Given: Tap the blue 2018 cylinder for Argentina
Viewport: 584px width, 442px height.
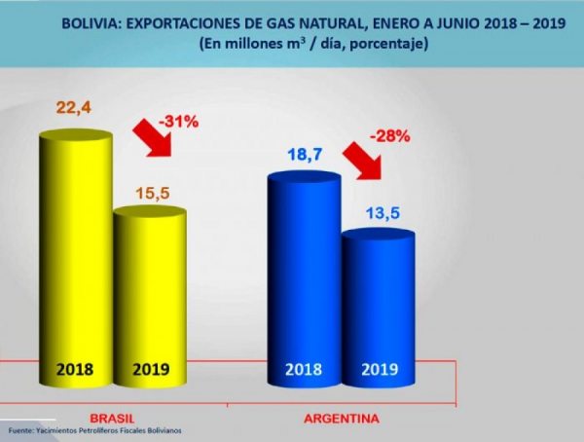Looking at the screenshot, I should [304, 273].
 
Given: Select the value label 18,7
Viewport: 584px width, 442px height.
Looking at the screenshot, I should [304, 155].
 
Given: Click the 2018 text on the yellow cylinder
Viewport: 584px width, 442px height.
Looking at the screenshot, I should [76, 369].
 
